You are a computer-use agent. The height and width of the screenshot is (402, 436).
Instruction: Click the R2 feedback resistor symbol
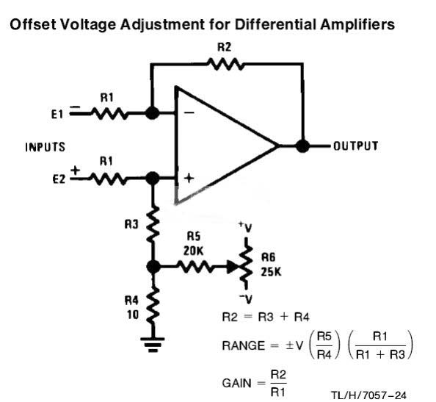point(226,64)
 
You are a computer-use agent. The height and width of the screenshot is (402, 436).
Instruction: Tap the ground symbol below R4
point(153,345)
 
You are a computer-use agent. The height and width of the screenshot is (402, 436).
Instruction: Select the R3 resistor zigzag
point(153,224)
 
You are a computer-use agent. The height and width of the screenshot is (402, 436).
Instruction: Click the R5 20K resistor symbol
point(196,267)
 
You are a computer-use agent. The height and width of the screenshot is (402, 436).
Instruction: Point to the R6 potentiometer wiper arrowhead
point(233,267)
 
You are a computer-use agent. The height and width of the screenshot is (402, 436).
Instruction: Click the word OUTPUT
point(356,146)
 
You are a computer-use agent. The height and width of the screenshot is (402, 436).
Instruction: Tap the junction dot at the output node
point(302,146)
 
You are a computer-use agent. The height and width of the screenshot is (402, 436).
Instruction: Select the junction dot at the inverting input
point(152,113)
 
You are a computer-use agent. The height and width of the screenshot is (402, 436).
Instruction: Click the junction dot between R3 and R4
point(153,267)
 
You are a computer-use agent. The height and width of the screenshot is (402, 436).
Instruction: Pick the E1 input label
point(57,114)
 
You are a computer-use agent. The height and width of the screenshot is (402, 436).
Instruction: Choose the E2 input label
point(59,179)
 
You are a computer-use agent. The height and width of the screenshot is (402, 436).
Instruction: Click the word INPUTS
point(45,147)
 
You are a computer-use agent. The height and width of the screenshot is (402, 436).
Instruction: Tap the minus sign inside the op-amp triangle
point(189,112)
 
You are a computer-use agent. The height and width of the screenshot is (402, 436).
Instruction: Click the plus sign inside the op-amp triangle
point(189,178)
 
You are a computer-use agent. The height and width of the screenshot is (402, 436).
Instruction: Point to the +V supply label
point(246,227)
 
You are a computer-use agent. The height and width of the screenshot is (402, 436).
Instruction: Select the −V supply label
point(246,298)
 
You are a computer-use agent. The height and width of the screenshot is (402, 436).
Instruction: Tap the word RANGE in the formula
point(244,345)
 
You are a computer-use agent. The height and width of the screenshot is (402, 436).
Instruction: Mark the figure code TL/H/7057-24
point(368,395)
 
